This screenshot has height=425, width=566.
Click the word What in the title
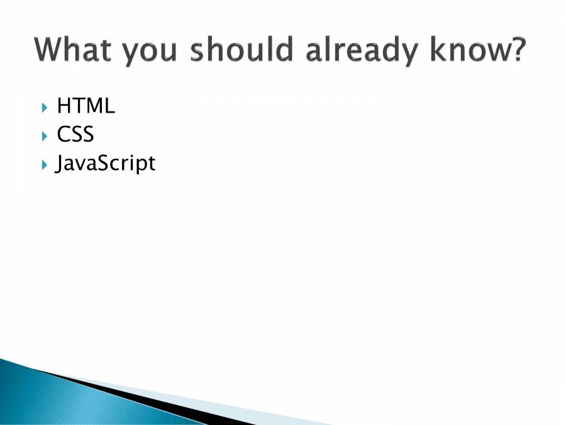(x=72, y=49)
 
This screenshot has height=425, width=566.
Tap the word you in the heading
(x=148, y=53)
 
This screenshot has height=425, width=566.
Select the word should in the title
(x=241, y=49)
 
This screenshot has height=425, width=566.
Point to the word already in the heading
(x=362, y=52)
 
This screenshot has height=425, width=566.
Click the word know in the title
(x=470, y=49)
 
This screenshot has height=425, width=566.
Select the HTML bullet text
(x=86, y=106)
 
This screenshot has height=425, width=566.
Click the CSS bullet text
(x=75, y=133)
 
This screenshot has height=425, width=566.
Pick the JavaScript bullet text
(x=105, y=164)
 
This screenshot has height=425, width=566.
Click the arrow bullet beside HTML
(x=45, y=108)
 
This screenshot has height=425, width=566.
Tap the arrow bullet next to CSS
(x=45, y=136)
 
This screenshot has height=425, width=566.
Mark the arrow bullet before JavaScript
(x=45, y=165)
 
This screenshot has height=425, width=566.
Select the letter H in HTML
(x=63, y=106)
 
